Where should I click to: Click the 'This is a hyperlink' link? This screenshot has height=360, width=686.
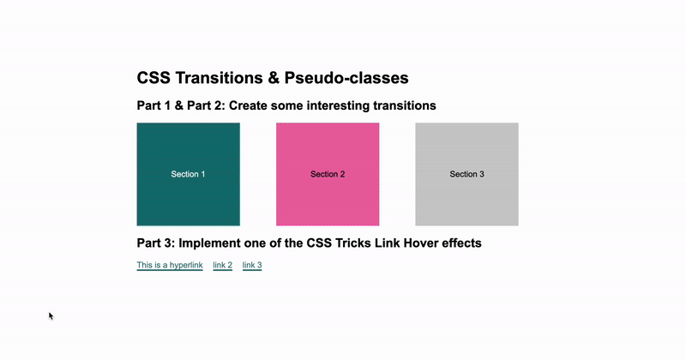click(x=170, y=266)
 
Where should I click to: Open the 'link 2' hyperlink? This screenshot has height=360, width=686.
click(x=223, y=266)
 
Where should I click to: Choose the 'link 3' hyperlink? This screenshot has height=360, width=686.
click(x=252, y=266)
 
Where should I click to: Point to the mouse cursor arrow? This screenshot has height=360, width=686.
click(x=51, y=315)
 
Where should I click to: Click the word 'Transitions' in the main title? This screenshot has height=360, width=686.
click(x=216, y=78)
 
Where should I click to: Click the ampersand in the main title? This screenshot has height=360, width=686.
click(x=274, y=78)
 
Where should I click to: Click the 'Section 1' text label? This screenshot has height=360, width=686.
click(x=188, y=174)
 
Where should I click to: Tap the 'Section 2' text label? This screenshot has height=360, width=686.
click(x=328, y=174)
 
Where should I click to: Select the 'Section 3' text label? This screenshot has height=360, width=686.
click(x=466, y=174)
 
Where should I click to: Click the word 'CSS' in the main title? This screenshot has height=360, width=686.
click(x=154, y=78)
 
